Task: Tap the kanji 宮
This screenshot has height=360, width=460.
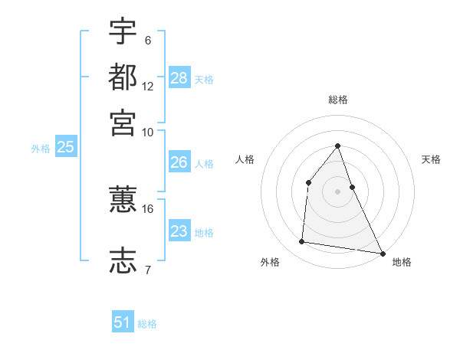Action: pos(123,122)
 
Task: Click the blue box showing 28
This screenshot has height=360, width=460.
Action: pos(179,77)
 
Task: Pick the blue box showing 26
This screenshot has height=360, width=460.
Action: pos(179,162)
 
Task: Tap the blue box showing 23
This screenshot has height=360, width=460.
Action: pos(179,231)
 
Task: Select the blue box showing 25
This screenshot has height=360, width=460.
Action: pos(65,147)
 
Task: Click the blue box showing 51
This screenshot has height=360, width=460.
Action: pos(123,322)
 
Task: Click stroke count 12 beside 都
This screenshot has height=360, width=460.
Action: pos(148,87)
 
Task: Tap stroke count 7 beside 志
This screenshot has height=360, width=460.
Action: pos(148,269)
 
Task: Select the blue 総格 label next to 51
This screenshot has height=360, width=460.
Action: pos(147,324)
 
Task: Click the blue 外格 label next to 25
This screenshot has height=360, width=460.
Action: pos(41,149)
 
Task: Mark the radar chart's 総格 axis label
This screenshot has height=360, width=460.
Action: pos(337,100)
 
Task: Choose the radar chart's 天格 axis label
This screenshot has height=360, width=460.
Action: pos(431,159)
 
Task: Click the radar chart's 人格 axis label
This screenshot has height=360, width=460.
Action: pos(245,159)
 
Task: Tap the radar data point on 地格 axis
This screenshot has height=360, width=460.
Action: pos(381,252)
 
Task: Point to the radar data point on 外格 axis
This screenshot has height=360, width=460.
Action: pos(302,242)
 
